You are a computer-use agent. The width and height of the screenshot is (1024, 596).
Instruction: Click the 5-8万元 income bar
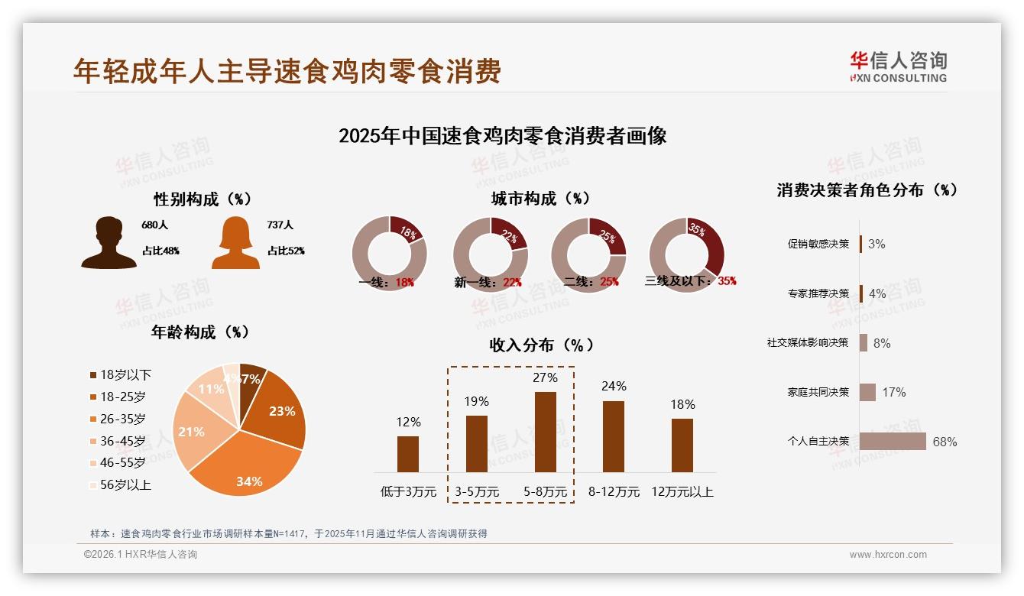click(x=545, y=432)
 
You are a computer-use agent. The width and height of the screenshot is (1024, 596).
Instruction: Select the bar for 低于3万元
click(x=408, y=454)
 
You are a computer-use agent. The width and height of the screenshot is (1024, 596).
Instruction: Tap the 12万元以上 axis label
click(x=682, y=492)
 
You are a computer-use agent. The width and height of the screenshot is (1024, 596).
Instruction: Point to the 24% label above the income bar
click(x=614, y=386)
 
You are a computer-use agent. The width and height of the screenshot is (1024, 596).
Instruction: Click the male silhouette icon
click(x=109, y=242)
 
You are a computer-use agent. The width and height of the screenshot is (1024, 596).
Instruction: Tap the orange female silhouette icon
click(x=235, y=242)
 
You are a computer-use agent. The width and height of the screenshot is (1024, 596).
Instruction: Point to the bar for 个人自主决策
click(x=893, y=442)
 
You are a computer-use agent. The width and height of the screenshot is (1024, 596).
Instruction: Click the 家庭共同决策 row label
click(x=818, y=392)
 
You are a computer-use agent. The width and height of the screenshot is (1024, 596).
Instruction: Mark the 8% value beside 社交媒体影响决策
click(x=881, y=343)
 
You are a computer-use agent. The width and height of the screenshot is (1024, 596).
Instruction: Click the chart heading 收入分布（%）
click(x=541, y=345)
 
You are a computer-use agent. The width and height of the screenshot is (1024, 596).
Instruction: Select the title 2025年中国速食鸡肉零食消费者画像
click(x=502, y=136)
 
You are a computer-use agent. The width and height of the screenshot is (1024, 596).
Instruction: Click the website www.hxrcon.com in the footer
click(x=888, y=555)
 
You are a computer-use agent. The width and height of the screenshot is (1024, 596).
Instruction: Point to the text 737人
click(x=280, y=225)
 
